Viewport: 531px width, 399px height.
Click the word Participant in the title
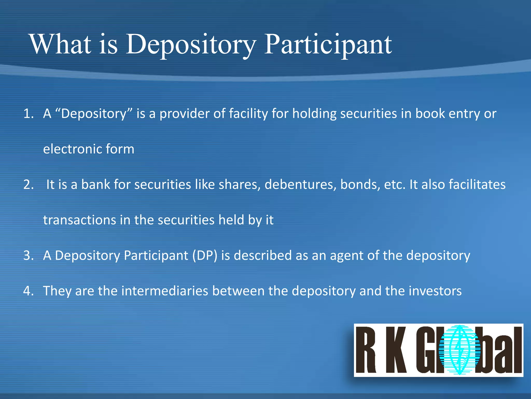pos(328,45)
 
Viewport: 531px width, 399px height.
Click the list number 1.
pos(28,114)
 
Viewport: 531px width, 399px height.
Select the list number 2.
pos(28,185)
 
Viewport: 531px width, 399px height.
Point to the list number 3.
pos(28,255)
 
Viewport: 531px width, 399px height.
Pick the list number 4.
pos(28,291)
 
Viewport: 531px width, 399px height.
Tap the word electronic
pos(68,149)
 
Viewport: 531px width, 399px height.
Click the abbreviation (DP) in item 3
pos(205,255)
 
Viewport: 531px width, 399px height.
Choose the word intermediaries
pos(164,291)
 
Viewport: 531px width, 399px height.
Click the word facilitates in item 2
pos(477,185)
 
